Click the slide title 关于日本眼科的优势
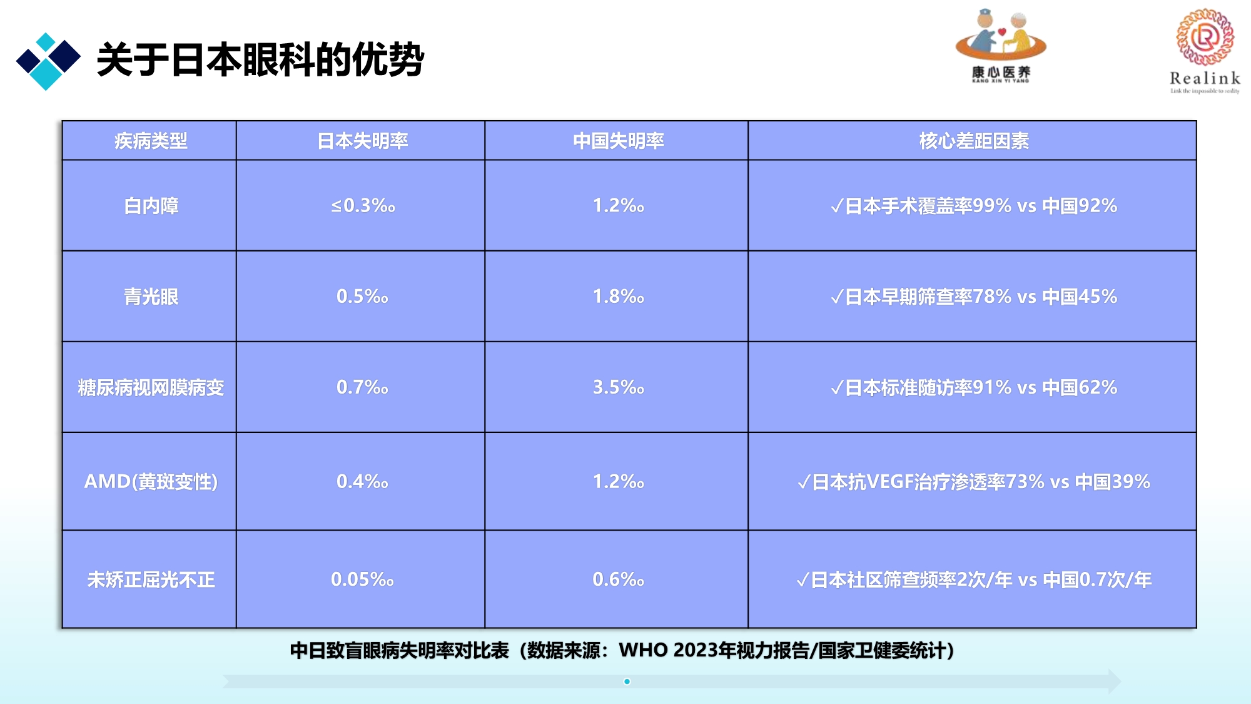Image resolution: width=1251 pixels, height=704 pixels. point(260,60)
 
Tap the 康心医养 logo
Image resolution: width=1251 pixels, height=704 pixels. point(1001,46)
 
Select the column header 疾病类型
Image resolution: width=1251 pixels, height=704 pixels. point(151,141)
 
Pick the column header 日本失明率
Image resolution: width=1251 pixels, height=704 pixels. point(363,141)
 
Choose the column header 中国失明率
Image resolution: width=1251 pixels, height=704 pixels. point(619,141)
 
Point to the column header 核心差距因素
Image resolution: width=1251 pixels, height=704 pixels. point(974,141)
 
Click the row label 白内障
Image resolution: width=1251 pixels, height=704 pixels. point(151,206)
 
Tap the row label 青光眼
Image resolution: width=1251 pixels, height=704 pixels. point(151,297)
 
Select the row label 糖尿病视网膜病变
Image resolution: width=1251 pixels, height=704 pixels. point(151,387)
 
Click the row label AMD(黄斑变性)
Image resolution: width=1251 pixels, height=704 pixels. point(151,481)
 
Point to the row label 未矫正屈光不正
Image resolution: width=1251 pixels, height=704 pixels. point(151,579)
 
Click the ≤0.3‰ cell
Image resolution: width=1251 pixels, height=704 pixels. point(363,205)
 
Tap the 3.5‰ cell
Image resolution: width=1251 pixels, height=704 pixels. point(619,387)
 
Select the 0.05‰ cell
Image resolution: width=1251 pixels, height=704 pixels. point(363,579)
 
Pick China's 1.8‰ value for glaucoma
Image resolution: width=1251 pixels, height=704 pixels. point(619,297)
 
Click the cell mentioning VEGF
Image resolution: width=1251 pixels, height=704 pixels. point(974,481)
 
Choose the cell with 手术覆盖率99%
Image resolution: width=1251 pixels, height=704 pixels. point(974,206)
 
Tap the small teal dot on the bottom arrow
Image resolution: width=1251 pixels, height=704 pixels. point(627,681)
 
